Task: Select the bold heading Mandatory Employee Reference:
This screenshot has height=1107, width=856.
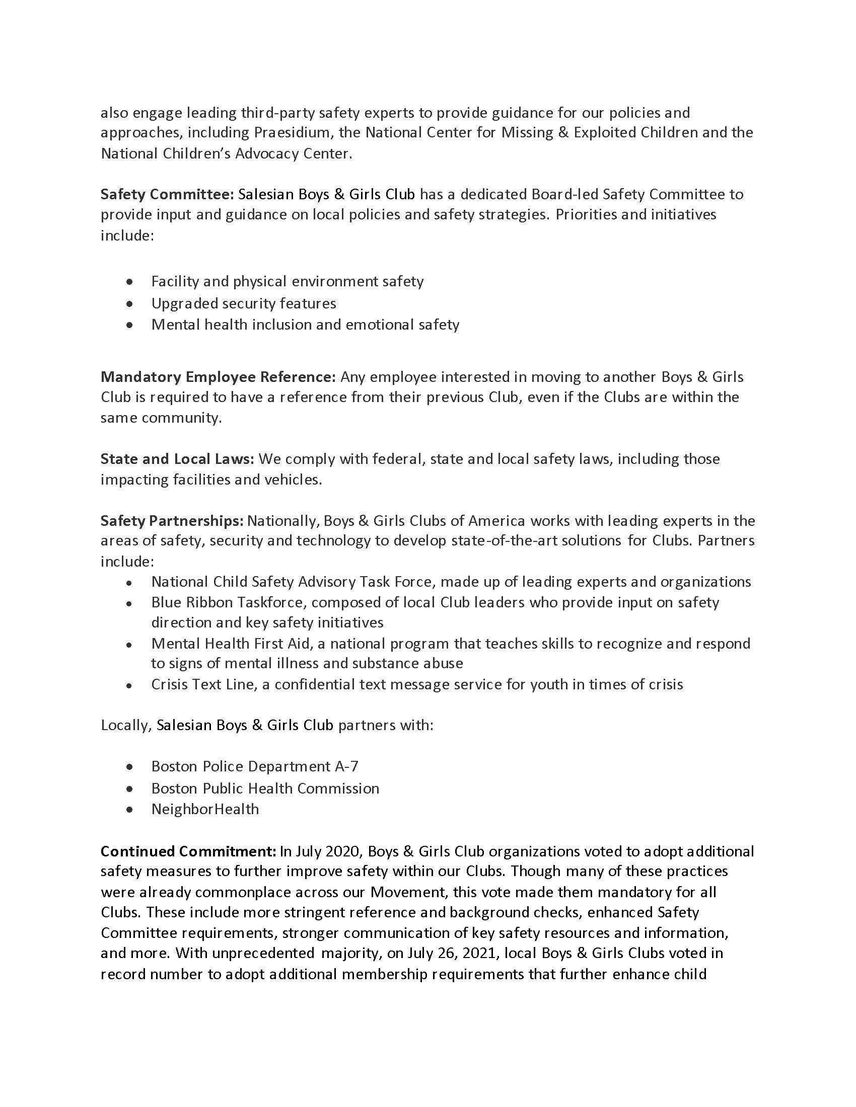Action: coord(218,377)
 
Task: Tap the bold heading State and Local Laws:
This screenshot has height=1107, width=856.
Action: coord(177,459)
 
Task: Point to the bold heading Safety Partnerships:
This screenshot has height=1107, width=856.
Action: coord(172,521)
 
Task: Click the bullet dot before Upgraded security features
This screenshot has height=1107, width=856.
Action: coord(131,304)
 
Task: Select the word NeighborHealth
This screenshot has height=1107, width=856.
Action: coord(205,809)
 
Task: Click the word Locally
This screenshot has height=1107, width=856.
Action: coord(126,725)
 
